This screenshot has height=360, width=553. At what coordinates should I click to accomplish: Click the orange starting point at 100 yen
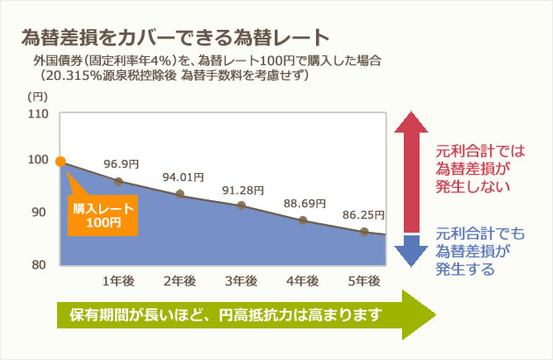click(61, 162)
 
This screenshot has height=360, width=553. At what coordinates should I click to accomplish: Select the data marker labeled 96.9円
click(118, 182)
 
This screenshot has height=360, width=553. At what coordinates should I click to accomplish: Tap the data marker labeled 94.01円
click(180, 193)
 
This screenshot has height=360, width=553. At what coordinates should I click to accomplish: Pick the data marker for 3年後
click(241, 205)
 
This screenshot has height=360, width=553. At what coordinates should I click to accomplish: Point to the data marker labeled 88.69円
click(303, 220)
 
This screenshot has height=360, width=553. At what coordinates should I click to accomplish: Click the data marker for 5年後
click(364, 232)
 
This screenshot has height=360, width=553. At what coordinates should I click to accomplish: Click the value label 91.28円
click(243, 191)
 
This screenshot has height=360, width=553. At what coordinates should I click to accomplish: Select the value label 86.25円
click(363, 215)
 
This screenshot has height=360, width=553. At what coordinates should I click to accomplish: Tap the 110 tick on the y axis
click(38, 113)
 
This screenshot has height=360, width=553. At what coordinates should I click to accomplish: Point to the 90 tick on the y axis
click(39, 212)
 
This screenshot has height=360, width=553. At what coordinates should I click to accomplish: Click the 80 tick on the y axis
click(39, 264)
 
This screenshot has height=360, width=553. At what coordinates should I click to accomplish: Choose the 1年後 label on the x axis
click(118, 281)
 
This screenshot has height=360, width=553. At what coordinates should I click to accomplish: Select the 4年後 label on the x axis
click(303, 281)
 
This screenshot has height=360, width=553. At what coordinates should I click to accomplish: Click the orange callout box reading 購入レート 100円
click(103, 215)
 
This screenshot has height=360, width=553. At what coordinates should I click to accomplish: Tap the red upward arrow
click(411, 172)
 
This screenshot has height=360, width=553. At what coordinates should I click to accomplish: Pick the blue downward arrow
click(411, 251)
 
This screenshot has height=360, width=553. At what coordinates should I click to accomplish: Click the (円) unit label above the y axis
click(38, 97)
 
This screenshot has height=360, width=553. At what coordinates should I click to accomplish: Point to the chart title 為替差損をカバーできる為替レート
click(176, 37)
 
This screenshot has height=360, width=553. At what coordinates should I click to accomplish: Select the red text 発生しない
click(473, 186)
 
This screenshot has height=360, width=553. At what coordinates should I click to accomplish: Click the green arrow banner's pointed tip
click(436, 314)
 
